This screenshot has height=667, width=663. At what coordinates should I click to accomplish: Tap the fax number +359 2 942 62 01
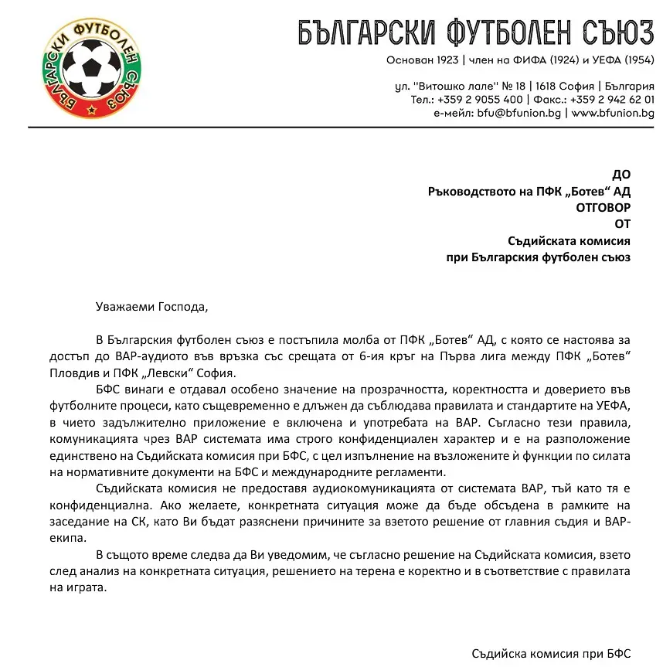(612, 99)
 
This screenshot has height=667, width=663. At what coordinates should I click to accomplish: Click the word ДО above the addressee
(621, 175)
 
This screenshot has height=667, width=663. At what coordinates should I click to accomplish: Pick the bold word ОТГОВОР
(603, 207)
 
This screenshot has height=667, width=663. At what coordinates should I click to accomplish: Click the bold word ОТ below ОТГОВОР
(623, 224)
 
